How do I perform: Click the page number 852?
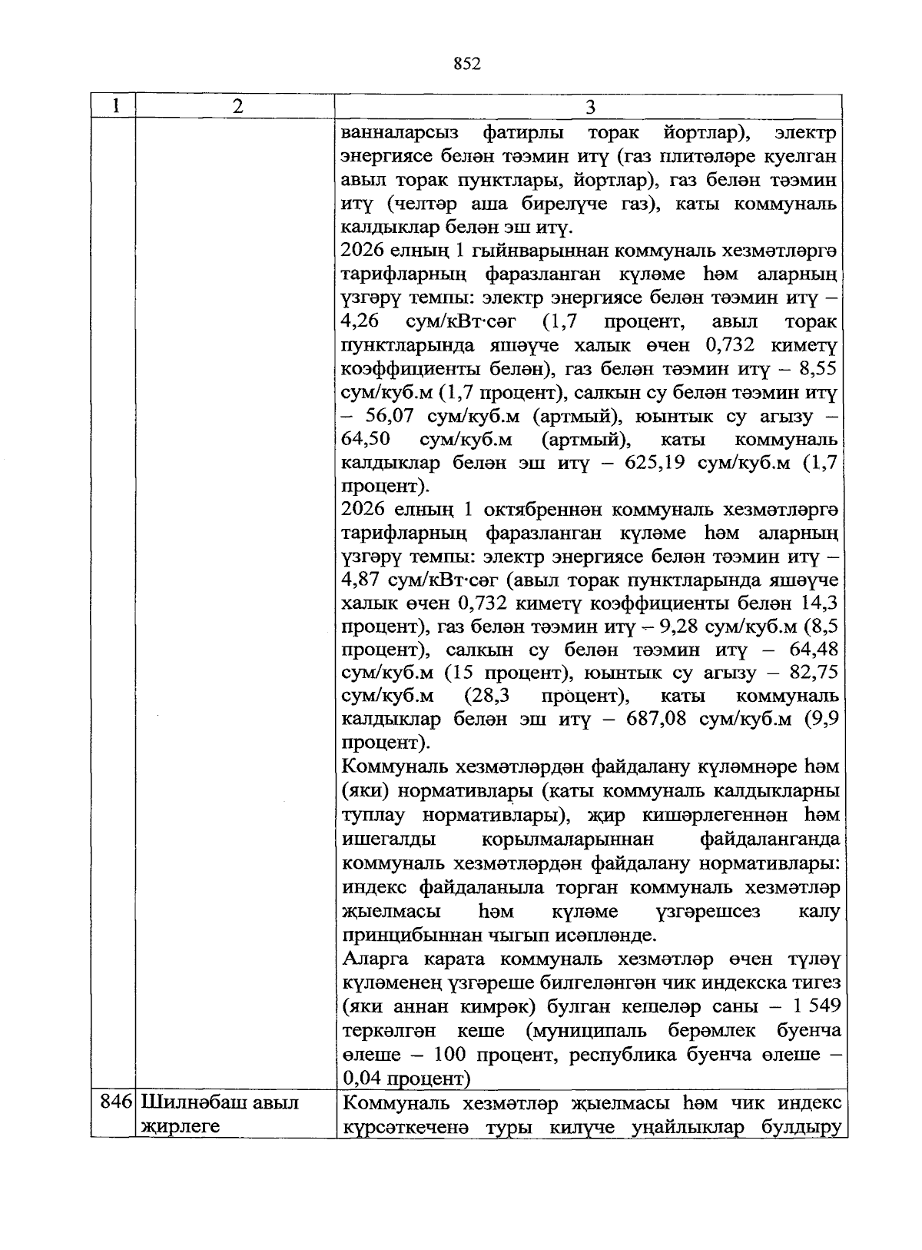click(467, 64)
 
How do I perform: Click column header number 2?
click(236, 106)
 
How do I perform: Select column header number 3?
click(590, 107)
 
